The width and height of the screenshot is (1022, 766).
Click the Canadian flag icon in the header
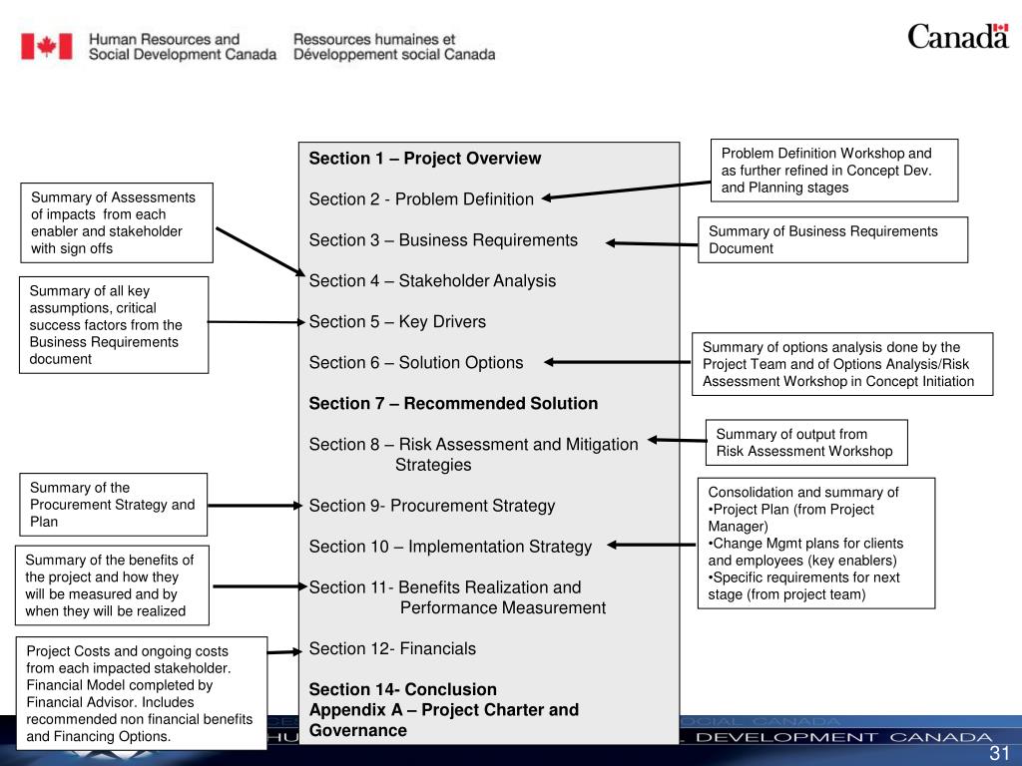[x=47, y=46]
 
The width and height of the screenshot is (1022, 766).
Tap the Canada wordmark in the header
[x=957, y=38]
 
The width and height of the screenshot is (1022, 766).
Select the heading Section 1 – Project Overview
[x=424, y=159]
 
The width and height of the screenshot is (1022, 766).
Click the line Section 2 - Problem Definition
[x=421, y=199]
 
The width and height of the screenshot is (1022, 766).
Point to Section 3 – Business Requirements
[x=443, y=240]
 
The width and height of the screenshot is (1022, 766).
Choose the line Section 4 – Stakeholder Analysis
[x=432, y=281]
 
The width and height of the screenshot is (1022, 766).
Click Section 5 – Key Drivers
[x=397, y=322]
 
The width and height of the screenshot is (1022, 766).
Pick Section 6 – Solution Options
[x=416, y=363]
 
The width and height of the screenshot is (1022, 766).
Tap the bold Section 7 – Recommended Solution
[x=453, y=404]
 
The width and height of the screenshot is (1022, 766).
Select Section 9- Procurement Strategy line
[x=432, y=506]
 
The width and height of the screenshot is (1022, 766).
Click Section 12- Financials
[x=392, y=649]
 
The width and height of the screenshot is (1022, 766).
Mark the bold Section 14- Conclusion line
[x=402, y=690]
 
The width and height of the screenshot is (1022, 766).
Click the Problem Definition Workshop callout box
[x=833, y=171]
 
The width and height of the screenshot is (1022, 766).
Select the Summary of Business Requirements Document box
[x=831, y=240]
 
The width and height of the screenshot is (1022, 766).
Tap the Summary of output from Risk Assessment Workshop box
[x=806, y=443]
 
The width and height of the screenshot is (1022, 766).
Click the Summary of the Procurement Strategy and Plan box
[x=113, y=505]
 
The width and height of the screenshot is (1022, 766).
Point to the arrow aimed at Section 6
[x=619, y=363]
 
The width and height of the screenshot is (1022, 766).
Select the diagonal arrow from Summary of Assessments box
[x=259, y=250]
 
